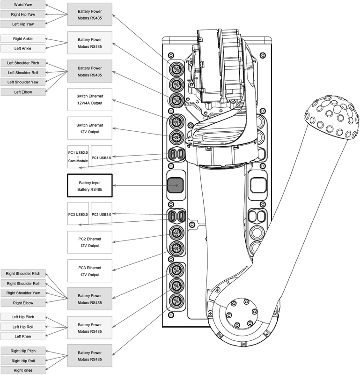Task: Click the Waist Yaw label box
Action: (x=23, y=5)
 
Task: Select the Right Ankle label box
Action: (x=23, y=38)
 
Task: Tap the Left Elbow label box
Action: (x=23, y=92)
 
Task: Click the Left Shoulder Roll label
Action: (x=23, y=73)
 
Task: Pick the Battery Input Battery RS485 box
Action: (x=90, y=186)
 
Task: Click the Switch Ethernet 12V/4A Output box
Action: (x=90, y=99)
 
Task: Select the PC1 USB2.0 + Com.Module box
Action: (x=78, y=157)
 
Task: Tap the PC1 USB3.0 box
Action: (x=102, y=157)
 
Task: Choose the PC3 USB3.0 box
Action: (x=78, y=214)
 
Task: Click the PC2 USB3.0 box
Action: (x=102, y=214)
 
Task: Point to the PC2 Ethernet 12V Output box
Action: (x=90, y=242)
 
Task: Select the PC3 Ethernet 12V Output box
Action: (x=90, y=271)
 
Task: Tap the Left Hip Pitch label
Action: (x=23, y=317)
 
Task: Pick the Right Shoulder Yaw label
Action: (x=23, y=293)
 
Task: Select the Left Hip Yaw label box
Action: (x=23, y=24)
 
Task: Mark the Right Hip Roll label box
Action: (x=23, y=361)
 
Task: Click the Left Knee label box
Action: (x=23, y=336)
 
